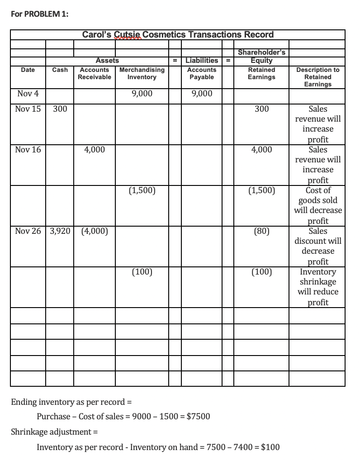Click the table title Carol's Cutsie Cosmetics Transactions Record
pos(178,34)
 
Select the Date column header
pos(28,70)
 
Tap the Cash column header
pos(60,70)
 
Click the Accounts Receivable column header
pos(95,73)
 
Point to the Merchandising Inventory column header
pos(142,73)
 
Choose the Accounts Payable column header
pos(201,73)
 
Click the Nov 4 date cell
pos(28,94)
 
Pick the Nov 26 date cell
pos(28,231)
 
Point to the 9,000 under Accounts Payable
pos(201,94)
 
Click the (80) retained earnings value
pos(261,231)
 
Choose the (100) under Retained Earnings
pos(261,272)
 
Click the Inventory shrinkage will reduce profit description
pos(318,287)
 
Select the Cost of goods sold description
pos(318,205)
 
